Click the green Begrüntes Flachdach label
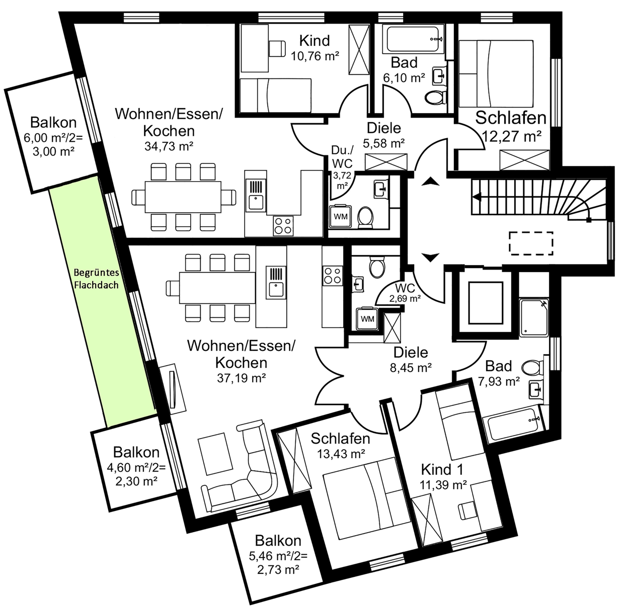[96, 279]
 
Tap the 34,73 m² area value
[169, 146]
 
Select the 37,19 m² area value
[241, 378]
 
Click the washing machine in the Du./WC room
[340, 216]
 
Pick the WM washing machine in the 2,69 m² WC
[367, 319]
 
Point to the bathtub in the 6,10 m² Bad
[412, 39]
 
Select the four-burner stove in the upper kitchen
[283, 225]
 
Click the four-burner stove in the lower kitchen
[333, 276]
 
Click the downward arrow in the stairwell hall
[430, 257]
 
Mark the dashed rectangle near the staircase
[531, 243]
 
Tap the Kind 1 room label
[442, 469]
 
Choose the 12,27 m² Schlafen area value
[511, 136]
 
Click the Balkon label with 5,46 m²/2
[278, 541]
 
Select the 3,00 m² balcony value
[54, 151]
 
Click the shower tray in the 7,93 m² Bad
[534, 317]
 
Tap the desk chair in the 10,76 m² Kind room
[277, 48]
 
